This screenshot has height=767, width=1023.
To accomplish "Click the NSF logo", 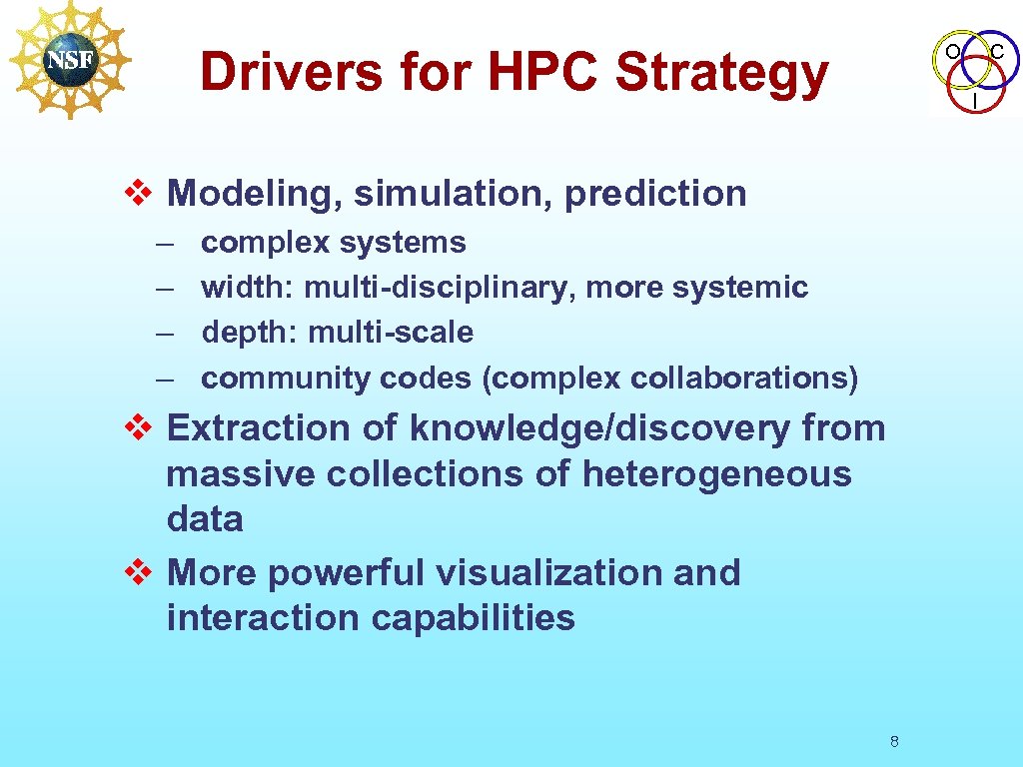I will tap(69, 59).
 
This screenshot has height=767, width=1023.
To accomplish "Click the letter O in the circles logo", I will tap(952, 50).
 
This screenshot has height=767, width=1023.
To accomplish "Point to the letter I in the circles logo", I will tap(974, 101).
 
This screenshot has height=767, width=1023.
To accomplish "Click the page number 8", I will tap(894, 741).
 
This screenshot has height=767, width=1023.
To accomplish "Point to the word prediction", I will tap(655, 193).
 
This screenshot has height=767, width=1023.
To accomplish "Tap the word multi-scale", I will tap(391, 333).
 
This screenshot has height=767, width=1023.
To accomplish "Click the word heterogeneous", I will tap(716, 473).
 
